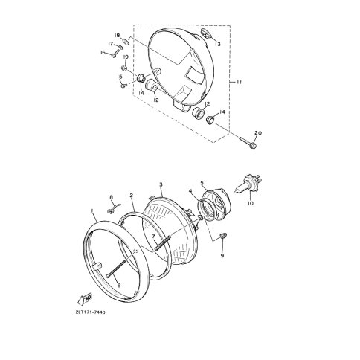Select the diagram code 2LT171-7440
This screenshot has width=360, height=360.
click(90, 312)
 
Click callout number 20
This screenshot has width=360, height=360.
click(258, 133)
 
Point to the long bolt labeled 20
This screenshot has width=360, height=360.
click(248, 142)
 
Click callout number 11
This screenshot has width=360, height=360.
click(238, 82)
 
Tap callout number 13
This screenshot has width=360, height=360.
click(218, 45)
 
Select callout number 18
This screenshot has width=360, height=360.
click(117, 35)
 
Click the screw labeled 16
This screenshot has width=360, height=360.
click(115, 53)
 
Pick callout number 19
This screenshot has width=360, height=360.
click(126, 57)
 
